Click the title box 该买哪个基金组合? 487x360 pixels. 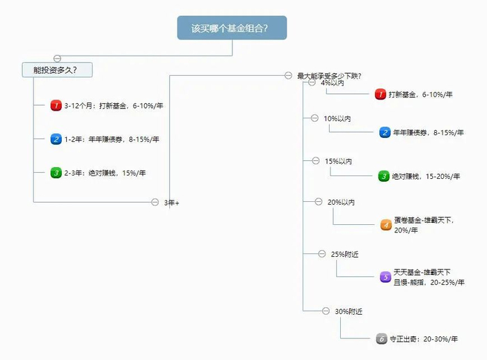(232, 28)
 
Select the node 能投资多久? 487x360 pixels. (58, 70)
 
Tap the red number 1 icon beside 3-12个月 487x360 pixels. (56, 106)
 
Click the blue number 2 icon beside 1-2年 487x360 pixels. (56, 139)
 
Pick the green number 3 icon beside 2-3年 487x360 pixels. (56, 173)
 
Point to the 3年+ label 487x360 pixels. (171, 203)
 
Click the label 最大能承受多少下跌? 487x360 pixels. (328, 76)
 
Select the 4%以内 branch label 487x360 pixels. (333, 83)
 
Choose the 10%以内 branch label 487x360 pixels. (337, 118)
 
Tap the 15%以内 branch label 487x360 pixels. (338, 162)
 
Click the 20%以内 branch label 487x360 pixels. (341, 203)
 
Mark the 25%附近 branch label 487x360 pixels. (345, 254)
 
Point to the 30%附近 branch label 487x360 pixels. (349, 311)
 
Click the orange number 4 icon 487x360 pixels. (386, 225)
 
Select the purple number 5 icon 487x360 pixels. (385, 276)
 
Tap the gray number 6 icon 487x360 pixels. (381, 339)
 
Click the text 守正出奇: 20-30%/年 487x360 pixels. (423, 339)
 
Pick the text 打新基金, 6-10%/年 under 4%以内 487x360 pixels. (420, 95)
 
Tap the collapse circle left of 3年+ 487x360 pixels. (155, 203)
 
